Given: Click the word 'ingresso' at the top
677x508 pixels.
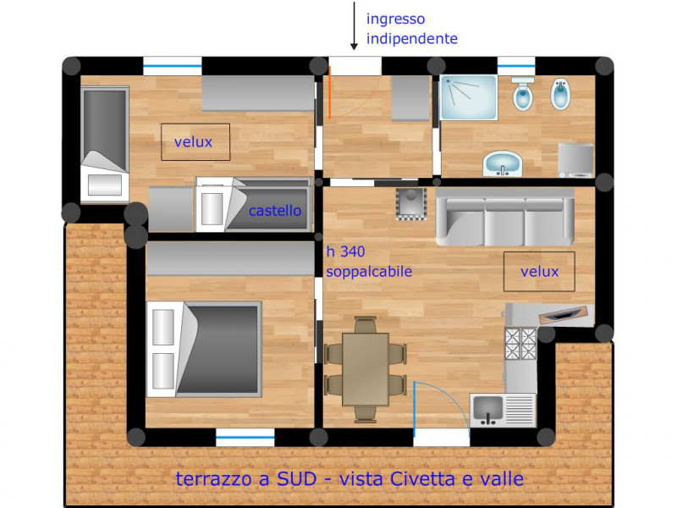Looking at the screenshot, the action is (x=395, y=19).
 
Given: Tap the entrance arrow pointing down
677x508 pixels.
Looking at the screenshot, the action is (x=354, y=25).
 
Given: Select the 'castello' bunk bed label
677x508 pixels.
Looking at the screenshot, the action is (x=274, y=211).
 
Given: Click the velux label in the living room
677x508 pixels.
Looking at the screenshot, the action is (x=539, y=272).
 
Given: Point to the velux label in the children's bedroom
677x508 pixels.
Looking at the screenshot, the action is (x=193, y=142).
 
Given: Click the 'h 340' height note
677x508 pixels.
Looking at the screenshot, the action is (x=345, y=251).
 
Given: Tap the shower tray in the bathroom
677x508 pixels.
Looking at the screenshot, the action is (x=469, y=97).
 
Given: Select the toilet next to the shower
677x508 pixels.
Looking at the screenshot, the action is (x=522, y=93).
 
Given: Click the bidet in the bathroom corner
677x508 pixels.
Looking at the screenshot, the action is (x=561, y=94).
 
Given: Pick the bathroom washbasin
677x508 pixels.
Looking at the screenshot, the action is (x=502, y=163).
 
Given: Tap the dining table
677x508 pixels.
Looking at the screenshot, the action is (x=366, y=369).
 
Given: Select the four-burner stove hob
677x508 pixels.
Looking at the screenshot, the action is (x=520, y=344).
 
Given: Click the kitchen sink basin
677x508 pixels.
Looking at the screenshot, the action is (x=488, y=410).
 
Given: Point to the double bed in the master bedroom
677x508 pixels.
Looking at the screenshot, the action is (x=204, y=349).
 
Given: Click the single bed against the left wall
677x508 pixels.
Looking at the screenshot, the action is (x=105, y=144).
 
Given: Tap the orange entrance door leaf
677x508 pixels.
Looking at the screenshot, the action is (x=329, y=92).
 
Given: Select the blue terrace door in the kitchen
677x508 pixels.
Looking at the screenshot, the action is (x=414, y=409).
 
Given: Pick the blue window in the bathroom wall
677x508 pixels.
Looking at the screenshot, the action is (x=516, y=66).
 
